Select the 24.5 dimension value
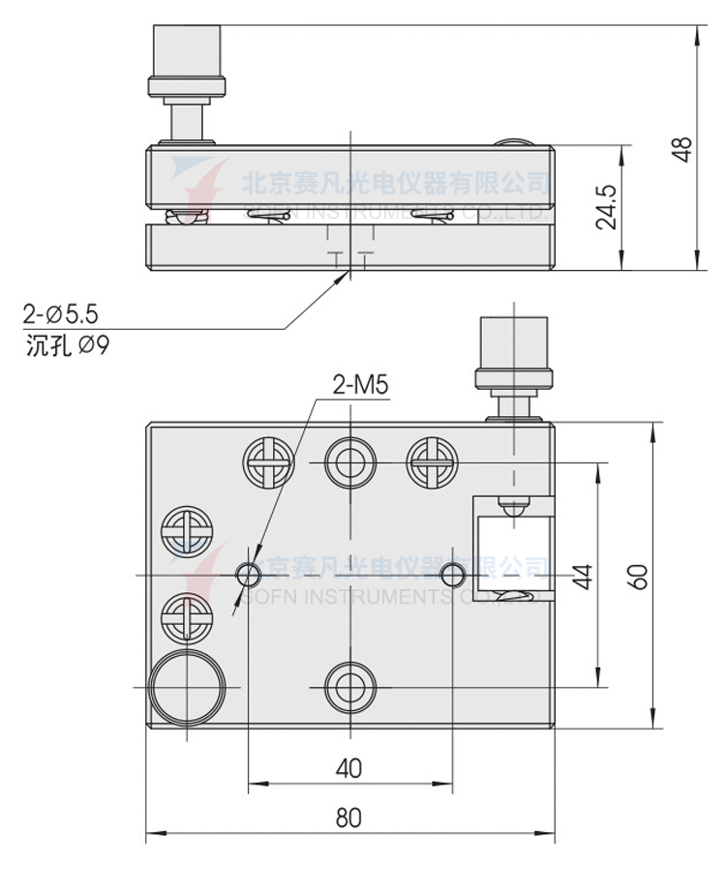606,207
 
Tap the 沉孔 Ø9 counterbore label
67,344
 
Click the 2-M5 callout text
360,385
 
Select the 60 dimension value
638,576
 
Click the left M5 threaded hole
248,576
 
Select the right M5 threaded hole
451,576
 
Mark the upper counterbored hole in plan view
348,462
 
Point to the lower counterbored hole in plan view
348,686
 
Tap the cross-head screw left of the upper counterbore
268,462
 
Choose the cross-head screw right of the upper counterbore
430,462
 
